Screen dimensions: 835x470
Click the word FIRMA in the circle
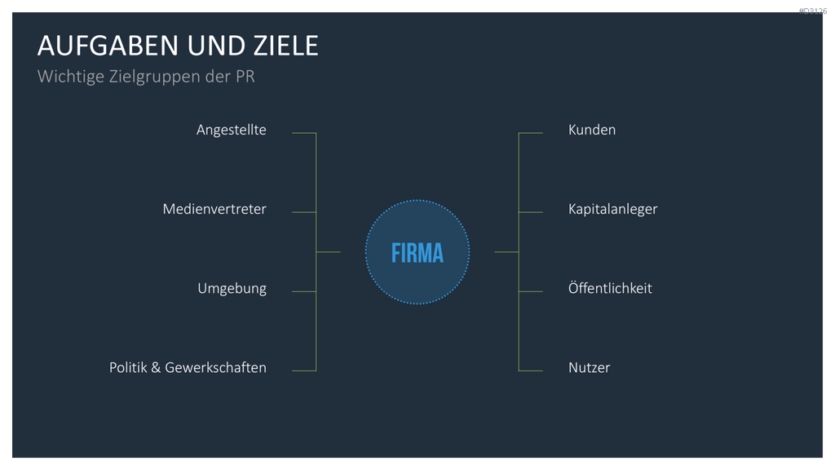click(417, 253)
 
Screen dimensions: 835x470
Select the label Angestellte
click(231, 130)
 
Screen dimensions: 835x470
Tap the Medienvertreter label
click(214, 209)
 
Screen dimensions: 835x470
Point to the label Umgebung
click(232, 289)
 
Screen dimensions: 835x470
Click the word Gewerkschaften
click(215, 368)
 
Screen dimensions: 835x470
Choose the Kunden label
click(592, 130)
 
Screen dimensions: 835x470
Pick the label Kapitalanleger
click(612, 210)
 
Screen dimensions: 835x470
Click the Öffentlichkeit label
click(610, 288)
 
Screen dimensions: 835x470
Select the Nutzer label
click(589, 368)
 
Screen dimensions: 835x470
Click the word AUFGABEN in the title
click(108, 46)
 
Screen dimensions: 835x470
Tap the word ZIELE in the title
click(286, 46)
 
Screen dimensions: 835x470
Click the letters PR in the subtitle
click(245, 76)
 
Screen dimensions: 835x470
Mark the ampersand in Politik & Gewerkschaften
click(156, 368)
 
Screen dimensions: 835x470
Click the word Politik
click(128, 368)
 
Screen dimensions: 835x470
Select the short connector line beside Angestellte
click(304, 133)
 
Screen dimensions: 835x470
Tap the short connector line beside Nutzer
click(530, 370)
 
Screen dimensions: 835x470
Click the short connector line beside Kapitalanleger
click(530, 212)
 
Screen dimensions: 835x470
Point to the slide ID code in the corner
click(813, 11)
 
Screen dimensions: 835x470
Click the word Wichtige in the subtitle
click(71, 77)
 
